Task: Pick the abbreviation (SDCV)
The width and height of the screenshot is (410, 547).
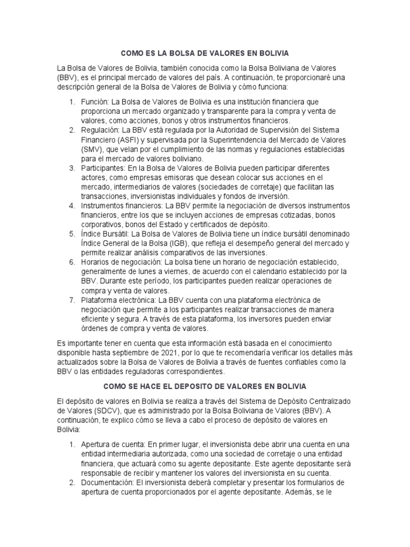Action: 109,410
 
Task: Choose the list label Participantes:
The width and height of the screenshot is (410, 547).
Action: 104,168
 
